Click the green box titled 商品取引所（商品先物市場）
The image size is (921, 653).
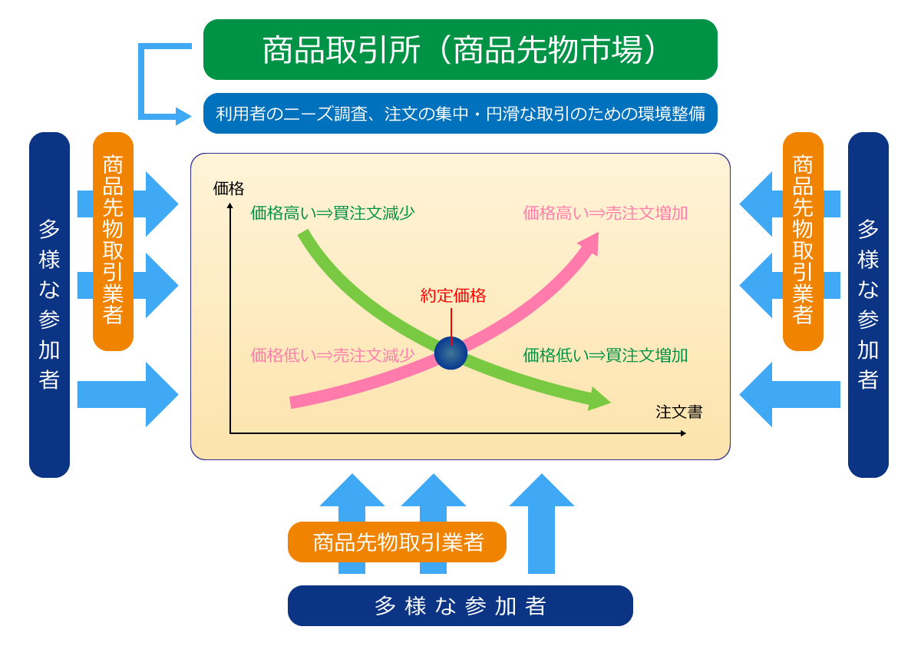click(460, 49)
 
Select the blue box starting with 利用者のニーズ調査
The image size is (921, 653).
click(460, 113)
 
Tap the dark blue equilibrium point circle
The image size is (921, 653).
click(451, 353)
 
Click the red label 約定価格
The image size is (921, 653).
click(453, 296)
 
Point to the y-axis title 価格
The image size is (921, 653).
click(229, 188)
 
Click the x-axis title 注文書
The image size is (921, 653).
click(678, 412)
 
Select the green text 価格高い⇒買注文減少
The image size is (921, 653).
click(332, 213)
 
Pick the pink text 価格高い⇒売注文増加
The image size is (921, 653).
click(606, 213)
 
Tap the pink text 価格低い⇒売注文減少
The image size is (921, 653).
click(332, 355)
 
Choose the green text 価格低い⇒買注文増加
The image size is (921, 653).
click(606, 355)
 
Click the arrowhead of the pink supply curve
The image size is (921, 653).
click(591, 242)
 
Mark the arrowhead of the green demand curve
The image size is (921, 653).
click(598, 399)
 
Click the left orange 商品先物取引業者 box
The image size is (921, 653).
click(113, 241)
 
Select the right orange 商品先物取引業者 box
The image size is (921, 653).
click(803, 241)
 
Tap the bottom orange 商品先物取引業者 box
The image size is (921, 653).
click(397, 542)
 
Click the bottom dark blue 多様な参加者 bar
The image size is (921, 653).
click(460, 605)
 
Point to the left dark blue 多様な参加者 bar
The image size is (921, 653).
click(49, 305)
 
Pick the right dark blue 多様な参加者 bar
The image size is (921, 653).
click(868, 305)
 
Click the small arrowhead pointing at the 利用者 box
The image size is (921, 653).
click(183, 116)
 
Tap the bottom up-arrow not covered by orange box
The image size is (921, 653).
click(542, 523)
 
